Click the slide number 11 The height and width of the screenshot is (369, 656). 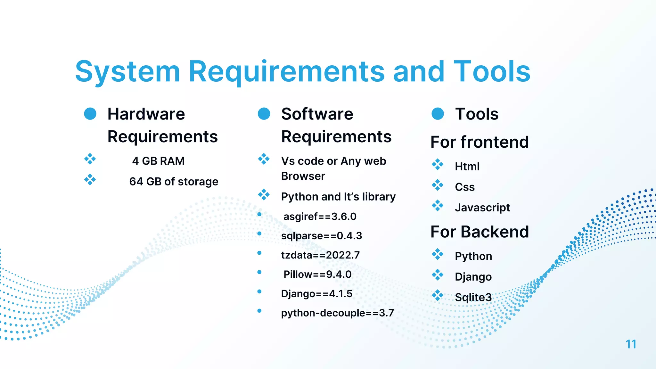[631, 344]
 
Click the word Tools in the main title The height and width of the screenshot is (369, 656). [492, 71]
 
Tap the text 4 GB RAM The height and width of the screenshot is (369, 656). [158, 161]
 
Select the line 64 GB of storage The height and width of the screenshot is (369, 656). [174, 182]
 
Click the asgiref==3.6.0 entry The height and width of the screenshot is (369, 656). [320, 217]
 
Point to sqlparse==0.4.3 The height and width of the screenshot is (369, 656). [321, 236]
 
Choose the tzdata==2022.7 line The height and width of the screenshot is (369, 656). [320, 255]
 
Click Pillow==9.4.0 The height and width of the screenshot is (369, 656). [317, 275]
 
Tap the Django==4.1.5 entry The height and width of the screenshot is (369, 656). [316, 294]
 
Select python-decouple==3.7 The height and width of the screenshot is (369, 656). [337, 313]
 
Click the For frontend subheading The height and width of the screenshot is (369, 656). [480, 142]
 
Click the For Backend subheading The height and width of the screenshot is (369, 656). [480, 232]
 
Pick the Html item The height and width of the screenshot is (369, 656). [467, 167]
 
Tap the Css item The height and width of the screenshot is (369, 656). [465, 187]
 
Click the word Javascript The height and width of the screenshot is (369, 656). [482, 208]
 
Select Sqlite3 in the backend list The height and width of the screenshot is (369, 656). [473, 297]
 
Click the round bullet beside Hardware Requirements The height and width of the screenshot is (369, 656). [90, 114]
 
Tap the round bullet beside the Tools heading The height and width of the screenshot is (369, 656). [438, 114]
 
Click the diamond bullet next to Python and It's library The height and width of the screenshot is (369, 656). [264, 194]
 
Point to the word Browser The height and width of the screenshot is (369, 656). [303, 176]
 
